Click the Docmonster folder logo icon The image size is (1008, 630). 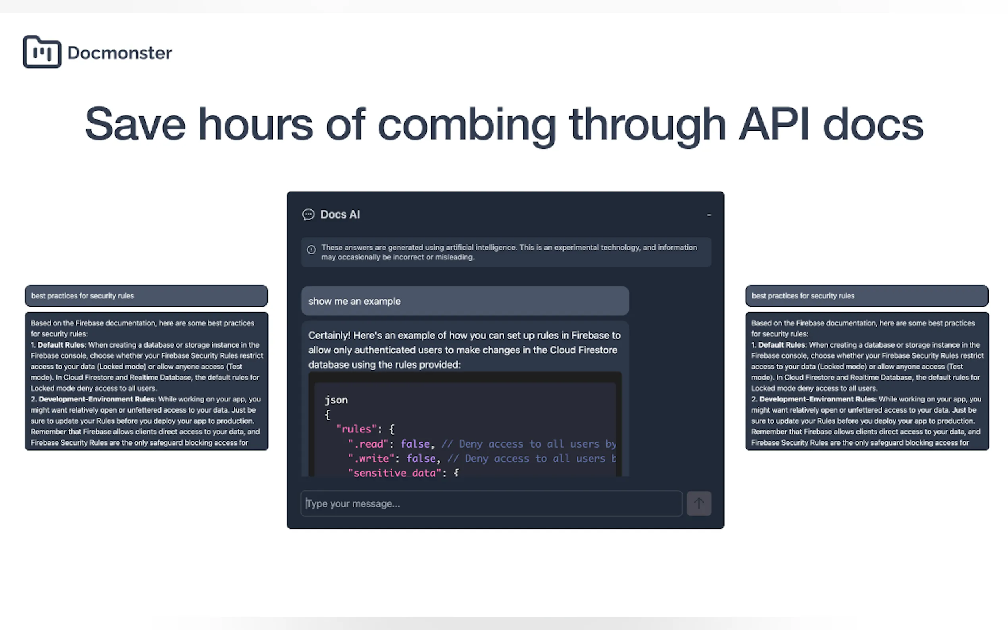click(x=42, y=52)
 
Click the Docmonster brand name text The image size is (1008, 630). click(x=119, y=53)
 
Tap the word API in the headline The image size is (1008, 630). click(x=774, y=124)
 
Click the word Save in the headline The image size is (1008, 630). click(x=135, y=124)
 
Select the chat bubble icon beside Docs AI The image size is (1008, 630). click(x=308, y=215)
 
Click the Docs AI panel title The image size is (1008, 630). click(x=340, y=215)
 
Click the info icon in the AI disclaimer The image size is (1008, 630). click(x=311, y=250)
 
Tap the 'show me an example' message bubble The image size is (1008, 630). click(x=465, y=301)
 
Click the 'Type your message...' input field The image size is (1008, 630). click(x=491, y=503)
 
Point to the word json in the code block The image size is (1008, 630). click(x=336, y=400)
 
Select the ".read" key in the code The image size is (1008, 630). click(x=368, y=444)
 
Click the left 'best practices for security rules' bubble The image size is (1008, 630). click(x=146, y=296)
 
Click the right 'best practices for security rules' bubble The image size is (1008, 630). click(x=867, y=296)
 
